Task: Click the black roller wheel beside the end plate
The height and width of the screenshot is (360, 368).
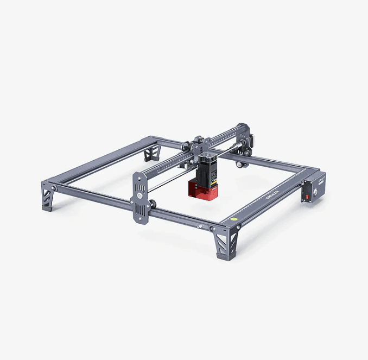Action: click(153, 205)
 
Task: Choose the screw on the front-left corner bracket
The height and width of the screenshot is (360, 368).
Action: click(53, 188)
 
